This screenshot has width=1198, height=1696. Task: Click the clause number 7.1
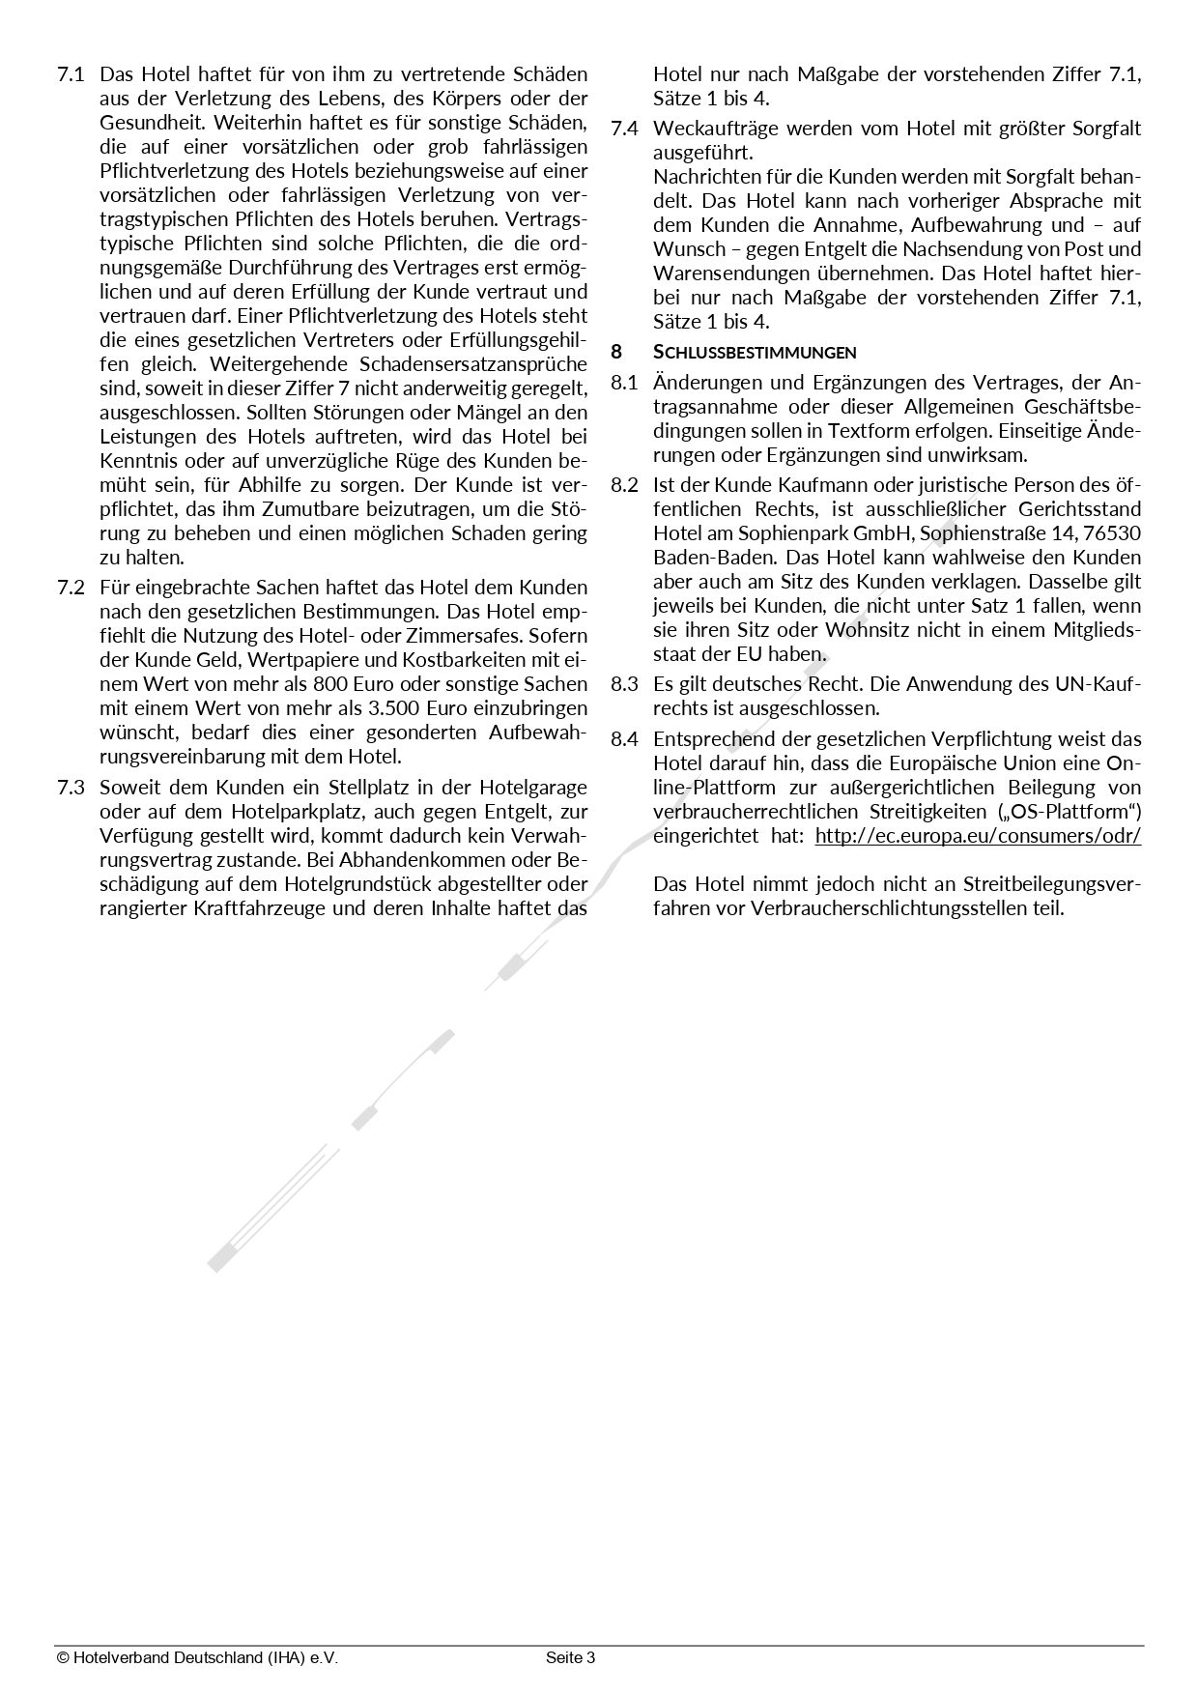[71, 74]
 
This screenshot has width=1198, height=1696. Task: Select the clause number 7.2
[71, 588]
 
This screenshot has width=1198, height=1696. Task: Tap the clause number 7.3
[71, 788]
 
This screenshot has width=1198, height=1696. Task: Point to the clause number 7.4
[624, 129]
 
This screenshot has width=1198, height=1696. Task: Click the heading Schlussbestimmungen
[755, 352]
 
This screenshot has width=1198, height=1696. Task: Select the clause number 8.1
[624, 383]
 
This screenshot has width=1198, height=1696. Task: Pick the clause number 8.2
[624, 485]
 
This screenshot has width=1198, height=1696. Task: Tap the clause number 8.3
[624, 684]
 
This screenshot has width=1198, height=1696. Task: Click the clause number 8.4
[624, 739]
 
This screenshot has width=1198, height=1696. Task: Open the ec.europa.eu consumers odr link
[978, 836]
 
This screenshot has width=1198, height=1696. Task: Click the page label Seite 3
[570, 1658]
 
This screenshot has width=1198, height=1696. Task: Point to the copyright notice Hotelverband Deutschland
[197, 1658]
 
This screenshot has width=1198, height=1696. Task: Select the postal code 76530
[1113, 533]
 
